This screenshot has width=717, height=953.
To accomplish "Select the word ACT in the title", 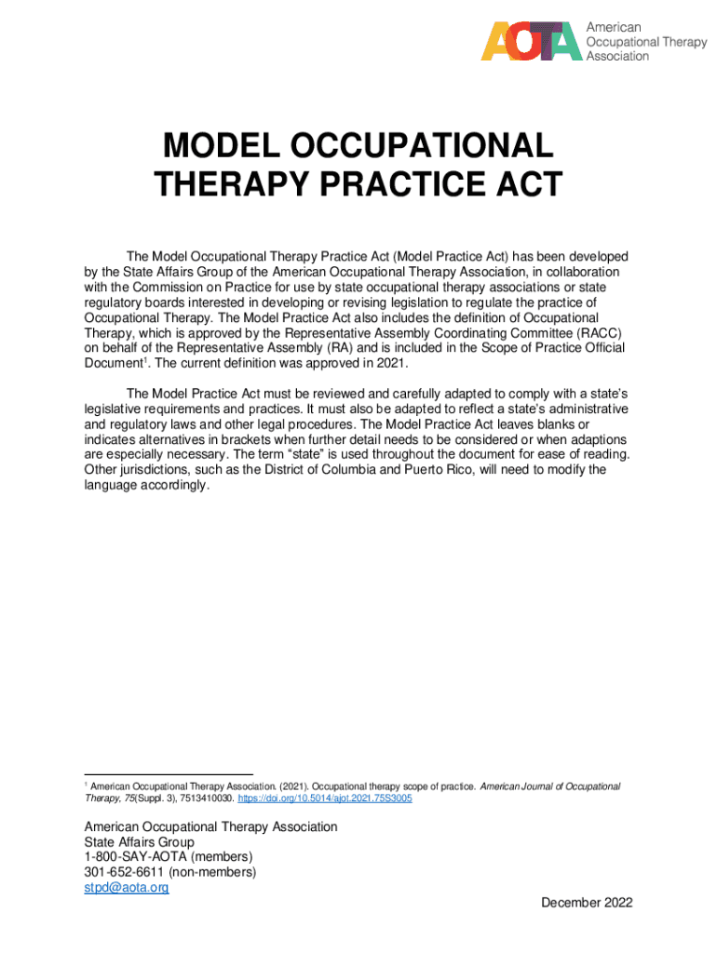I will pos(527,184).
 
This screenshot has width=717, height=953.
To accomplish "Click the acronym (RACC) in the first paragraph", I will pos(597,333).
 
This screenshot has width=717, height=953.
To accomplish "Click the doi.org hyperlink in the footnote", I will pos(326,799).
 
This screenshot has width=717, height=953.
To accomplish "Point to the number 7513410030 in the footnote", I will pos(207,799).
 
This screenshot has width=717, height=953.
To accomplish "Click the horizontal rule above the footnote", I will pos(169,774).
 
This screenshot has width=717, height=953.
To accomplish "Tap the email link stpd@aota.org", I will pos(127,888).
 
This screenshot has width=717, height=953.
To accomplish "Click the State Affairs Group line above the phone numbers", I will pos(139,842).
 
